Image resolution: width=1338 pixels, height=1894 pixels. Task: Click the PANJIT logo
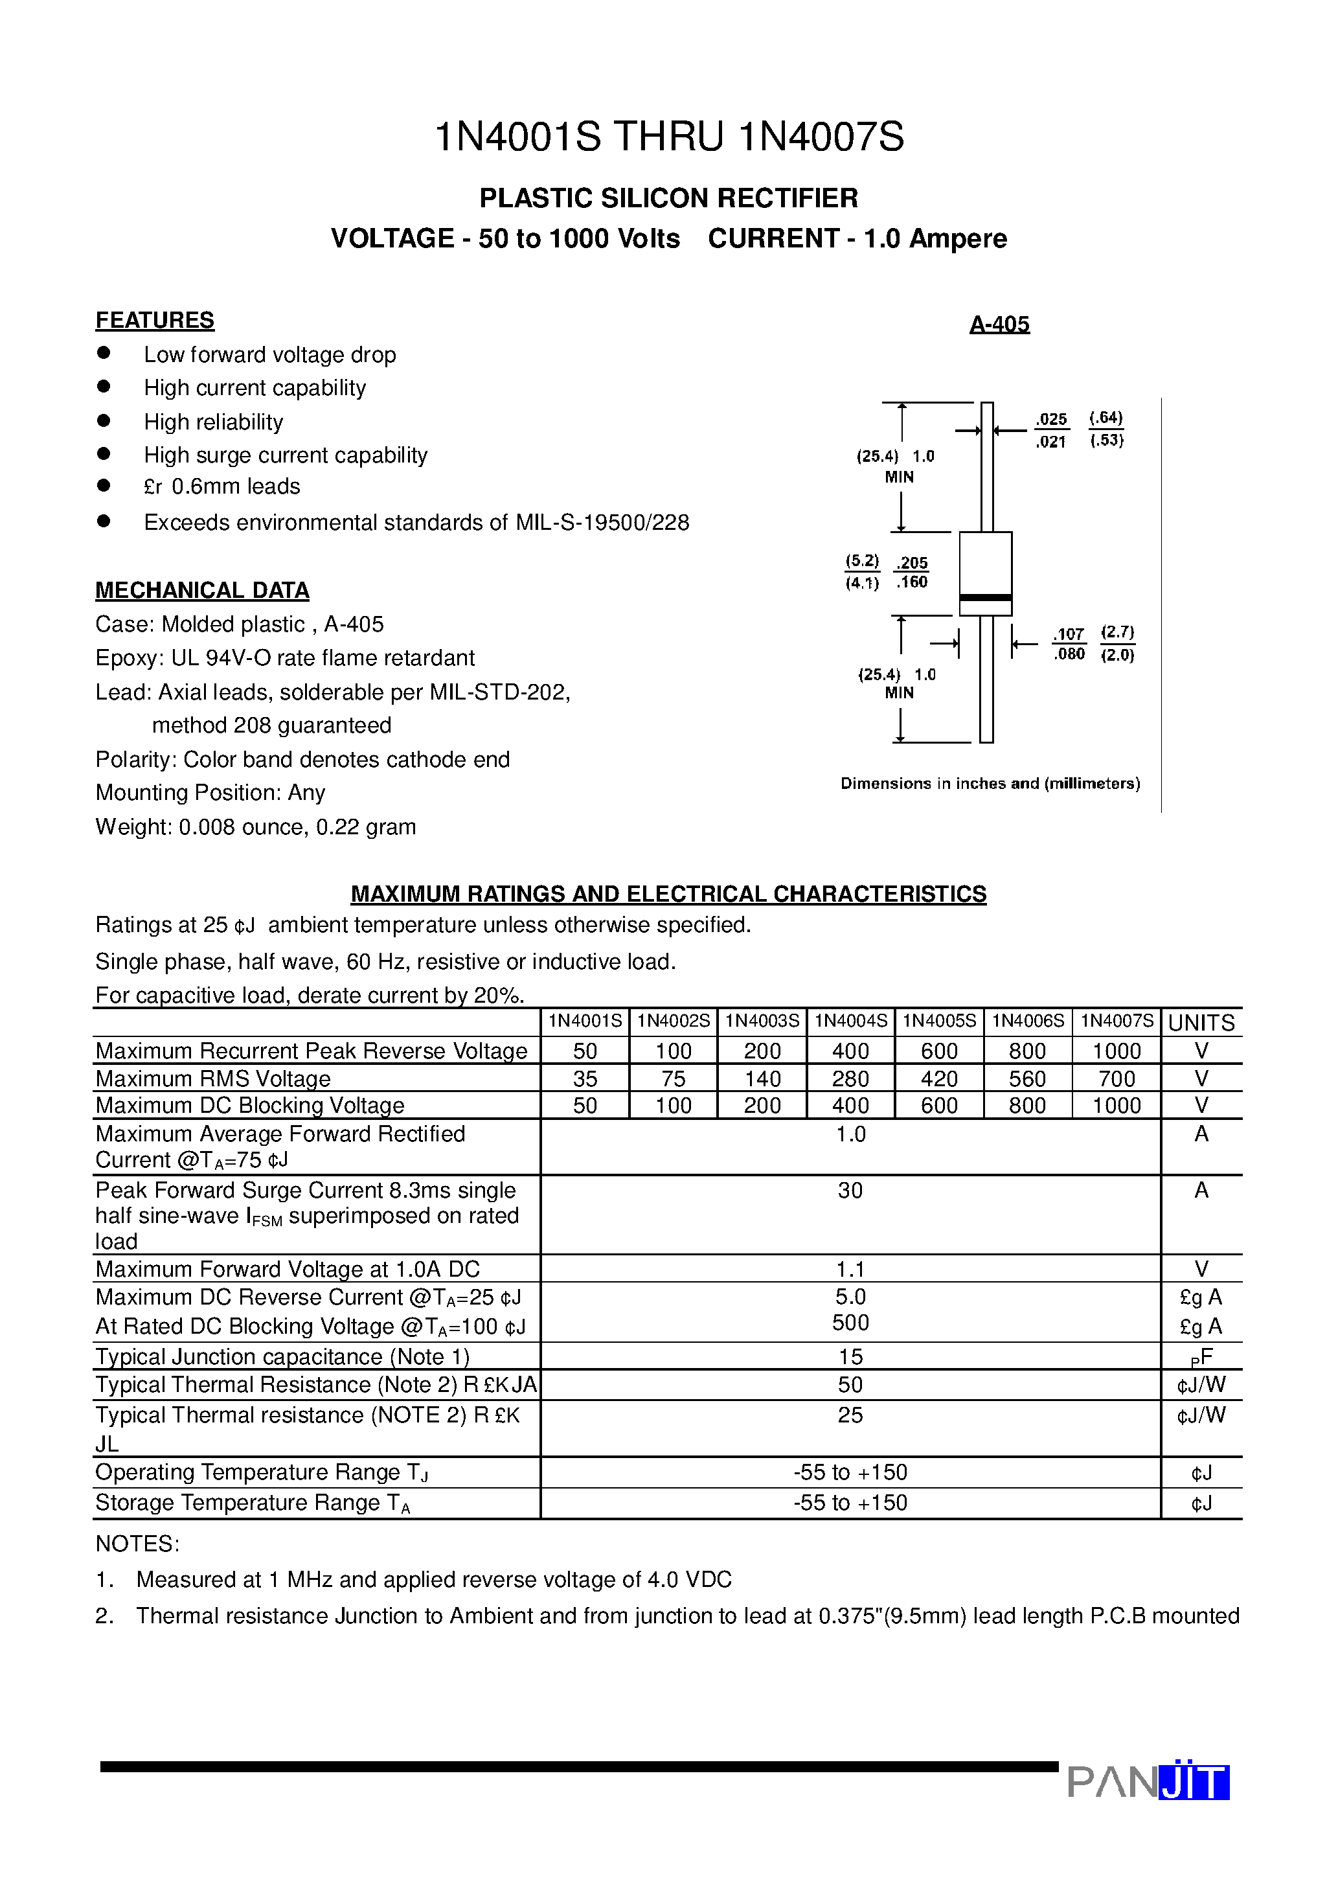coord(1148,1782)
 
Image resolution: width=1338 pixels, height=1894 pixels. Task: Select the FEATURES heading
coord(154,320)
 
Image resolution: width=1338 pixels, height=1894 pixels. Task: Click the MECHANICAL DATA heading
coord(202,591)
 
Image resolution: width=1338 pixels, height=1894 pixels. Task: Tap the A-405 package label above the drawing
coord(999,324)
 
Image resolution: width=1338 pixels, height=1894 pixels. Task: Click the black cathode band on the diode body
coord(985,597)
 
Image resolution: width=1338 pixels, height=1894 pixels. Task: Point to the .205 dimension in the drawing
coord(913,563)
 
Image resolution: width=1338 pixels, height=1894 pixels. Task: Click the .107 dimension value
coord(1069,633)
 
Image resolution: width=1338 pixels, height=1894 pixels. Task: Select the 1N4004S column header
coord(850,1021)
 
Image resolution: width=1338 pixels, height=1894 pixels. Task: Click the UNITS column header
coord(1201,1023)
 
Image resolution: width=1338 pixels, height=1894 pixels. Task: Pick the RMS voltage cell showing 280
coord(850,1079)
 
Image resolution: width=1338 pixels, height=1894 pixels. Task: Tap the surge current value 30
coord(850,1191)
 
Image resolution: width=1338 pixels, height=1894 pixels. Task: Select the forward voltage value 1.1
coord(850,1269)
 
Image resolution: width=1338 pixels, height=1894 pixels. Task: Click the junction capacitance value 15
coord(850,1357)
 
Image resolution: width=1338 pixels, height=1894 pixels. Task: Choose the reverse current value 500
coord(850,1323)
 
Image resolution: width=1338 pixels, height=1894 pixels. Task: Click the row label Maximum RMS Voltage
coord(213,1079)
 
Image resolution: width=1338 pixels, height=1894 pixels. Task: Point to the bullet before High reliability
coord(104,420)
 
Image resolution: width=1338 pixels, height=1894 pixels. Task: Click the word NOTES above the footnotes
coord(137,1544)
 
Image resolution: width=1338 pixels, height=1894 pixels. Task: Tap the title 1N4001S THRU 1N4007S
coord(668,137)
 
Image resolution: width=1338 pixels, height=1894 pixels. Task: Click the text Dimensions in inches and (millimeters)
coord(990,784)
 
